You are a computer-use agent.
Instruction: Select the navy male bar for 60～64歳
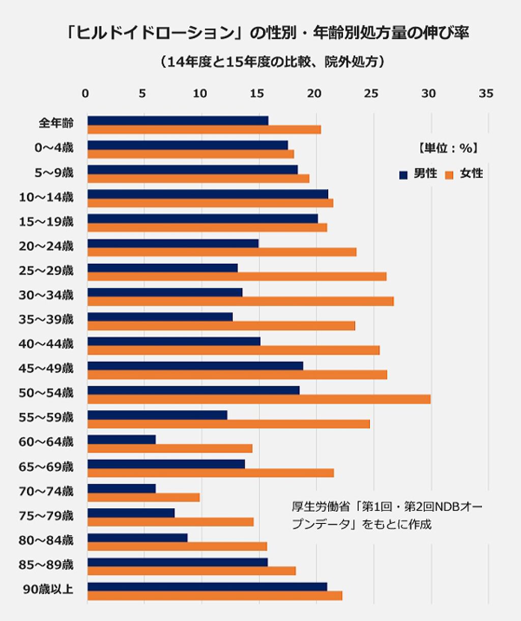click(122, 440)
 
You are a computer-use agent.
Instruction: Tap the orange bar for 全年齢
click(204, 130)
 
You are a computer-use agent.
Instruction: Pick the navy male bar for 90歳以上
click(207, 586)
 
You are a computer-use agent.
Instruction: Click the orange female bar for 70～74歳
click(143, 498)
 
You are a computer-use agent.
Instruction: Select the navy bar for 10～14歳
click(208, 194)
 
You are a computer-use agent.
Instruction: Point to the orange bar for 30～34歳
click(240, 301)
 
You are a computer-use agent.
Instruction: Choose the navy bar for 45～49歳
click(195, 366)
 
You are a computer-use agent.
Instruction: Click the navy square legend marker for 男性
click(403, 175)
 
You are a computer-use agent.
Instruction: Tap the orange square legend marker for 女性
click(449, 175)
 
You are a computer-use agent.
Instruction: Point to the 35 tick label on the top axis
click(486, 94)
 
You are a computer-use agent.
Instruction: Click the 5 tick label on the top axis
click(142, 94)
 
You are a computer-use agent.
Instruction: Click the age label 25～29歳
click(46, 270)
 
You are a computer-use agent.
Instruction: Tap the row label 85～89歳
click(46, 565)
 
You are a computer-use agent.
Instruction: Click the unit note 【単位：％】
click(447, 148)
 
